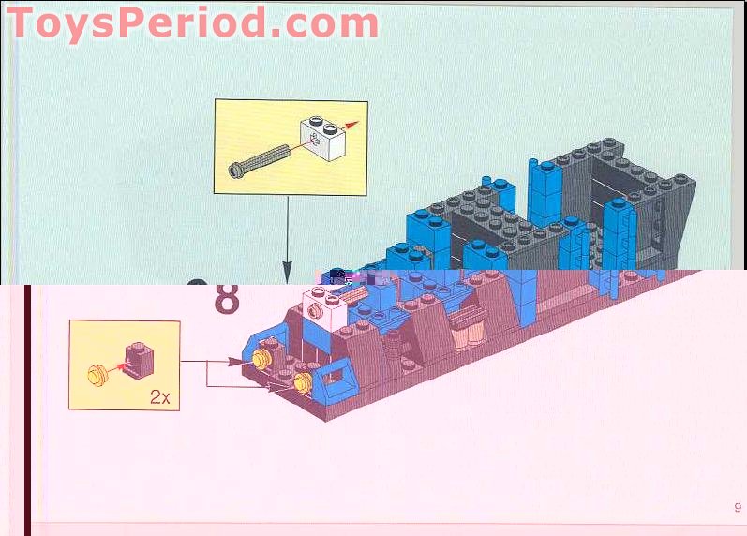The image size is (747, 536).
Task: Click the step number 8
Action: tap(228, 298)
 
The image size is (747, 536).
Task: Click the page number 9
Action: tap(738, 508)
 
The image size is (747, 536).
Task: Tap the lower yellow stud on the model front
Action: tap(303, 380)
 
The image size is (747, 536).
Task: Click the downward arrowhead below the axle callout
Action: tap(288, 273)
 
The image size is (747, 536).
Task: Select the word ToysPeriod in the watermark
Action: tap(136, 22)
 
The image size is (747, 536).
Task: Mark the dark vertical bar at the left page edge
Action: tap(28, 403)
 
